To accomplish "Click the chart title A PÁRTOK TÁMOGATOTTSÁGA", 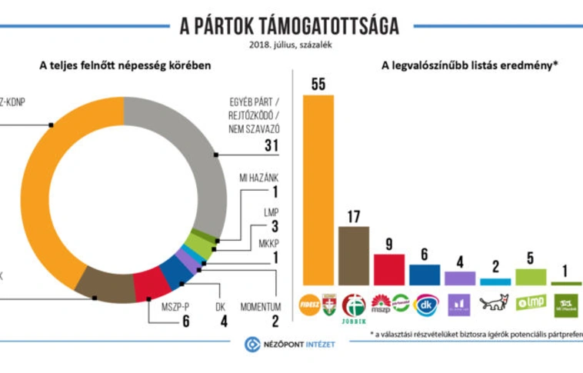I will point(289,26).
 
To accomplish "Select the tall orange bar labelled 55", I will point(319,189).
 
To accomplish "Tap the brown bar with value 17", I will point(354,255).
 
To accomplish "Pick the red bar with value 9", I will point(389,269).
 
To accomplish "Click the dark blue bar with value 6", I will point(425,275).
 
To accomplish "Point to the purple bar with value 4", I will point(460,278).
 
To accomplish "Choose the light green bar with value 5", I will point(531,277).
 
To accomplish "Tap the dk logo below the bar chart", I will point(425,304).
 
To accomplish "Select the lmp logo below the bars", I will point(531,302).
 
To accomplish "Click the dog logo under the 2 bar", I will point(495,302).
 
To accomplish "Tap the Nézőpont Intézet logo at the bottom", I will point(290,344).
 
